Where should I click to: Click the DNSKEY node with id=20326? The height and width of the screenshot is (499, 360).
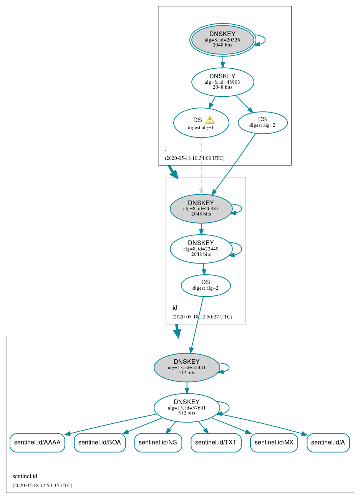tap(222, 40)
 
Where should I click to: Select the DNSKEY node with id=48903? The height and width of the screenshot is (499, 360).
tap(222, 82)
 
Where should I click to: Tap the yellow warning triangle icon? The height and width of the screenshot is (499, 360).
tap(210, 120)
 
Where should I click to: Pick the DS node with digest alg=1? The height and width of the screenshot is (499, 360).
tap(201, 123)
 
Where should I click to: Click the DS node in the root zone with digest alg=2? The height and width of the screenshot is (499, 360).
tap(262, 123)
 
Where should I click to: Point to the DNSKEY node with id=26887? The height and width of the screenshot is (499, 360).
tap(201, 209)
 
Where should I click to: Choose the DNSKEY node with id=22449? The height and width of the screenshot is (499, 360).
tap(201, 249)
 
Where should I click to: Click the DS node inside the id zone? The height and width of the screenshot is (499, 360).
tap(206, 285)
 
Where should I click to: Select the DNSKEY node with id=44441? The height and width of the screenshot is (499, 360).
tap(187, 367)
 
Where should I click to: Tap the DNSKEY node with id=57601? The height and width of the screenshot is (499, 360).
tap(187, 408)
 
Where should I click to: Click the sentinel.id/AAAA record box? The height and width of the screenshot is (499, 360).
tap(37, 443)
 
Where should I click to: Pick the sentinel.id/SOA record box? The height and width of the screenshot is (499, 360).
tap(100, 443)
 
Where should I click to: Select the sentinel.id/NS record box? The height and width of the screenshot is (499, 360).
tap(158, 443)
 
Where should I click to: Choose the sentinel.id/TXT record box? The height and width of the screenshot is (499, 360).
tap(216, 443)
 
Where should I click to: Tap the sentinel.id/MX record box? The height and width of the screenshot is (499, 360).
tap(274, 443)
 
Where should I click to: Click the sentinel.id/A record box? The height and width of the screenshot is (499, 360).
tap(328, 443)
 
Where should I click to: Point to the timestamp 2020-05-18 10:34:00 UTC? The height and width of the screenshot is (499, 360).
tap(194, 158)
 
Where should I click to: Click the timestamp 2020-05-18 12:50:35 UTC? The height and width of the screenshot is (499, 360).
tap(42, 486)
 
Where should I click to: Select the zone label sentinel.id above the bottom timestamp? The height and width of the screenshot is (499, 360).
tap(25, 476)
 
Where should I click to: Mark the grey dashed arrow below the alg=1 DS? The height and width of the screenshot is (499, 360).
tap(201, 165)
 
